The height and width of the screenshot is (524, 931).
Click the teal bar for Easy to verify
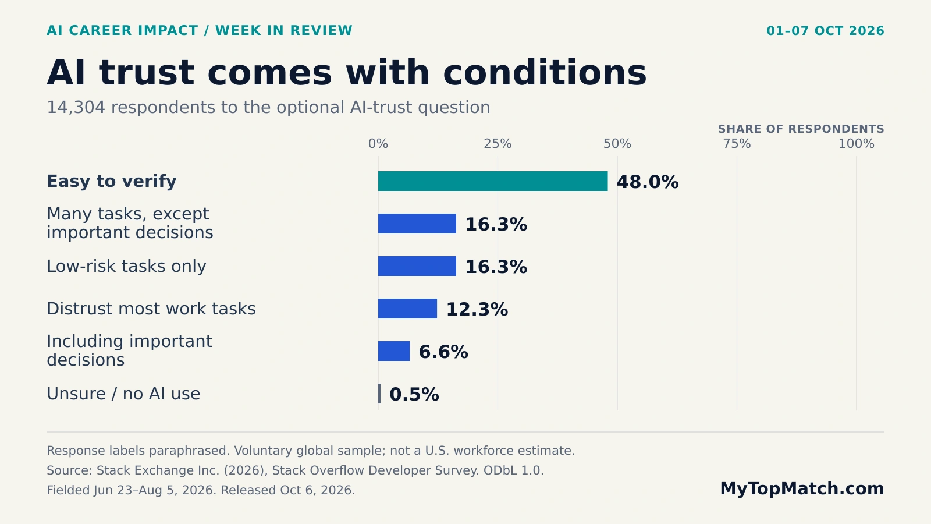pyautogui.click(x=493, y=181)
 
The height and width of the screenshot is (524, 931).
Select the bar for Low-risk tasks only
pyautogui.click(x=417, y=266)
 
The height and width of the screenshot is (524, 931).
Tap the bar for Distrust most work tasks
pyautogui.click(x=407, y=309)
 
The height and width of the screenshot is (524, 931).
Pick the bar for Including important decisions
pyautogui.click(x=393, y=351)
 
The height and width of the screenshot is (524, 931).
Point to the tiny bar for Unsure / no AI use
pyautogui.click(x=379, y=394)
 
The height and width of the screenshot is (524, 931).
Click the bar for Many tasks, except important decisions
pyautogui.click(x=417, y=224)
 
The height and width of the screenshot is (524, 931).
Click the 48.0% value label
pyautogui.click(x=648, y=182)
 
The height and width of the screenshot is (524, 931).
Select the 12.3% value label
pyautogui.click(x=477, y=309)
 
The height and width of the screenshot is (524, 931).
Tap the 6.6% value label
pyautogui.click(x=443, y=352)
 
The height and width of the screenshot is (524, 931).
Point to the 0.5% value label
pyautogui.click(x=414, y=394)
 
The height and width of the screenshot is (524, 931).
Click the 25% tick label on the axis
pyautogui.click(x=498, y=144)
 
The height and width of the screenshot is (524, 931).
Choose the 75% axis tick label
pyautogui.click(x=737, y=144)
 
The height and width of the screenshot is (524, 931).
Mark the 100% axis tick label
pyautogui.click(x=856, y=144)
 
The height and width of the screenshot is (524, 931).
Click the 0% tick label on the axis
pyautogui.click(x=378, y=144)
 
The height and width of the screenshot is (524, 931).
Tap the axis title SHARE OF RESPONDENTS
pyautogui.click(x=801, y=129)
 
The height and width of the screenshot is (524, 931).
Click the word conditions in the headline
pyautogui.click(x=545, y=73)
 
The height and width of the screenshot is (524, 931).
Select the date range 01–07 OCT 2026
pyautogui.click(x=826, y=31)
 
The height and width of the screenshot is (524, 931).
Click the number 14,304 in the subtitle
pyautogui.click(x=76, y=108)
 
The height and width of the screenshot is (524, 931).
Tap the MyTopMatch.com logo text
pyautogui.click(x=802, y=488)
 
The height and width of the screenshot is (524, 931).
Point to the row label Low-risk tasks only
pyautogui.click(x=126, y=266)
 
